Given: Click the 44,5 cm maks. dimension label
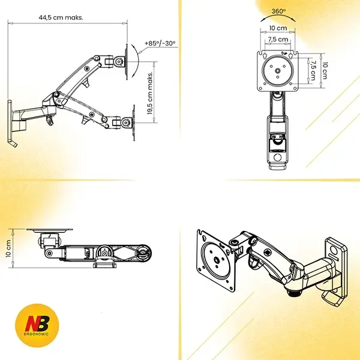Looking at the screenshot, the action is point(61,17).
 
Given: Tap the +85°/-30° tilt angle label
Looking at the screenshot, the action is point(160,43).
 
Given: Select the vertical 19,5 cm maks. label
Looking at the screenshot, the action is point(150,93).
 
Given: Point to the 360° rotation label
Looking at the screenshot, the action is point(278,11).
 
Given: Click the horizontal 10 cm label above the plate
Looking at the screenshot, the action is point(278,28).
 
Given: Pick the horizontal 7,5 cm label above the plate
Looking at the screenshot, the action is point(278,39).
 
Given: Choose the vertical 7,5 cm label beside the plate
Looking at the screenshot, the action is point(313,70).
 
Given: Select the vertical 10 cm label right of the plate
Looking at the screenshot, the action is point(324,70).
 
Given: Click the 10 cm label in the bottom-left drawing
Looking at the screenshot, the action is point(9,248).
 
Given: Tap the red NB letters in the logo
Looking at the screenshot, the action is point(37,323).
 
